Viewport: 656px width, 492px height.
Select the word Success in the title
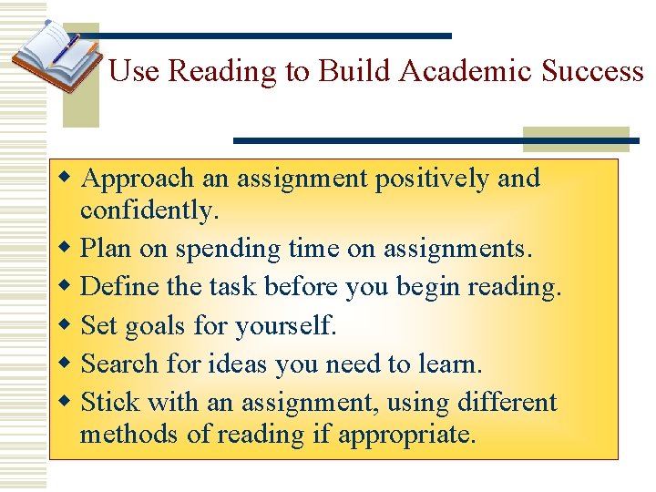[x=592, y=72]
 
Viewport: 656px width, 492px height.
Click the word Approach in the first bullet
[x=137, y=179]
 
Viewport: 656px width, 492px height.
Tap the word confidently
[x=149, y=210]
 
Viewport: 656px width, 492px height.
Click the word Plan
[x=103, y=248]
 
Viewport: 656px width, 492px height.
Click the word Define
[x=112, y=287]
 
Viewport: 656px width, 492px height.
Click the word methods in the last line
[x=129, y=434]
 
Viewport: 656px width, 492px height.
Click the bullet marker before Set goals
[x=65, y=325]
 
